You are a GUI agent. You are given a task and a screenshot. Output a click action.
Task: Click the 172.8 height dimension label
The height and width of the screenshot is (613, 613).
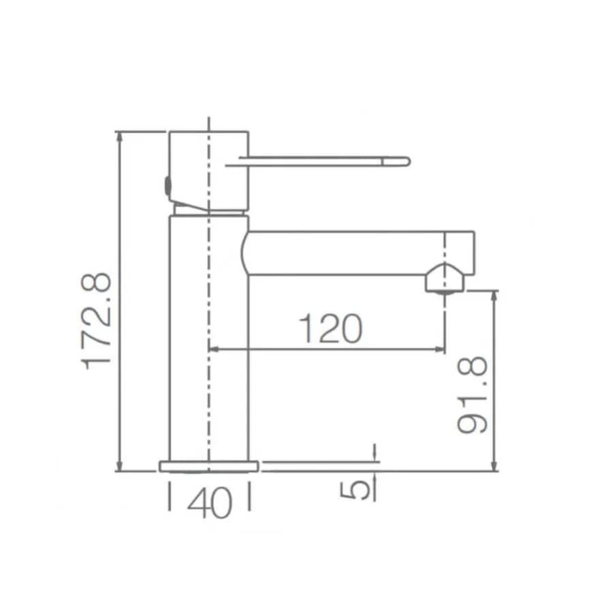96,321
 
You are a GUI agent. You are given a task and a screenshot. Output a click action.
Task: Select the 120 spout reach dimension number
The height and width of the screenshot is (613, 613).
330,328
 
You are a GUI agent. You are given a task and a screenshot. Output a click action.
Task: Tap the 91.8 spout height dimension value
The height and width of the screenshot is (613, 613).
472,395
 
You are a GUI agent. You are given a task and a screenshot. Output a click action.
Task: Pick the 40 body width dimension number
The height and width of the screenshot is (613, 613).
210,503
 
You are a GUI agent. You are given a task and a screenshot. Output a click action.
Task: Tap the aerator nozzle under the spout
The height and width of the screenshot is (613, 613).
445,279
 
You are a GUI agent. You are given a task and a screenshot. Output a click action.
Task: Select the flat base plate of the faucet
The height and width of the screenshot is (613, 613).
209,467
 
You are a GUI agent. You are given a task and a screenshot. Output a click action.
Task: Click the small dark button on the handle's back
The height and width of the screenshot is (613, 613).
168,186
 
